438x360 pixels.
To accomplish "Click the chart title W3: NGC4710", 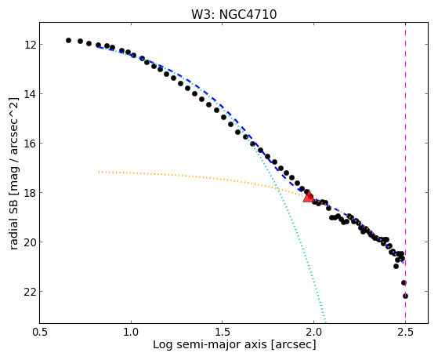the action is pyautogui.click(x=233, y=14).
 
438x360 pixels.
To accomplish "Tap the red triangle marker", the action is pyautogui.click(x=309, y=196).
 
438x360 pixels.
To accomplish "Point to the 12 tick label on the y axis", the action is pyautogui.click(x=30, y=45).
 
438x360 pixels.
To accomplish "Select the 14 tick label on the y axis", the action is pyautogui.click(x=30, y=93).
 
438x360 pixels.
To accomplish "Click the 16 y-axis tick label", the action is pyautogui.click(x=30, y=144).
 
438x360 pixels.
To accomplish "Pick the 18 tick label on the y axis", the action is pyautogui.click(x=30, y=193).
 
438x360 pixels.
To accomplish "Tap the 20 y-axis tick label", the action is pyautogui.click(x=30, y=242).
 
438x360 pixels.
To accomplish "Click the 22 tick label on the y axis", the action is pyautogui.click(x=30, y=292).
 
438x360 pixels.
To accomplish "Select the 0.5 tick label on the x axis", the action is pyautogui.click(x=39, y=332).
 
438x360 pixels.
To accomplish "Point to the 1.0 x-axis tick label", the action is pyautogui.click(x=131, y=332).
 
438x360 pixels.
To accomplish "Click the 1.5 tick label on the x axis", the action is pyautogui.click(x=222, y=332).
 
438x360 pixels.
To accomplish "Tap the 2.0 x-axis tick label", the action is pyautogui.click(x=313, y=332).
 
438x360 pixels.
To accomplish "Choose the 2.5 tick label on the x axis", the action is pyautogui.click(x=405, y=332).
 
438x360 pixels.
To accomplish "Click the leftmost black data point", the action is pyautogui.click(x=68, y=40).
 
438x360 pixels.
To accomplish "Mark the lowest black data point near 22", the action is pyautogui.click(x=405, y=296).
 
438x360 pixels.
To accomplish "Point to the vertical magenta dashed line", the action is pyautogui.click(x=405, y=173).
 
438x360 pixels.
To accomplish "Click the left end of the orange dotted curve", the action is pyautogui.click(x=99, y=172).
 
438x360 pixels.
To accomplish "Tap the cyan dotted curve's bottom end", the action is pyautogui.click(x=325, y=322).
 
